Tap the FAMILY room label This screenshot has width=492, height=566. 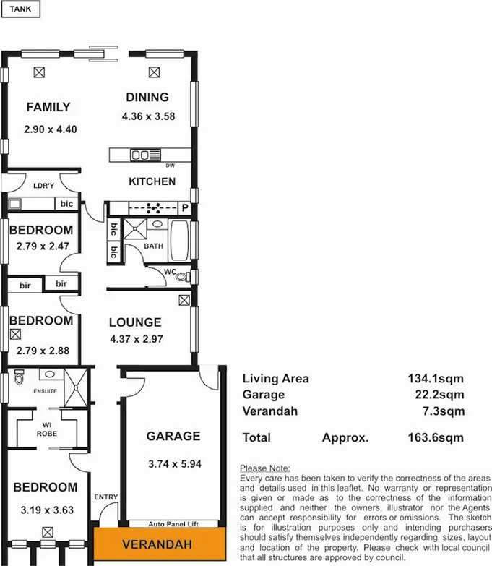click(x=48, y=108)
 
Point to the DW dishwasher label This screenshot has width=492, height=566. click(x=170, y=166)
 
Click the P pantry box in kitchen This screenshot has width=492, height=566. click(x=184, y=208)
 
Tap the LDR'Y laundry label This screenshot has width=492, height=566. click(x=44, y=186)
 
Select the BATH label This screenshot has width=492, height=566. click(x=154, y=246)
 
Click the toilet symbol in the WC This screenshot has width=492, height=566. click(x=181, y=276)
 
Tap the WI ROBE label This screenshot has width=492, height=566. click(x=46, y=429)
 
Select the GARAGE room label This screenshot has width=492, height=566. click(x=173, y=437)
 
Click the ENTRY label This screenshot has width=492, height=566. click(x=105, y=497)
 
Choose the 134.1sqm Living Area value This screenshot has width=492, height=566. click(x=436, y=378)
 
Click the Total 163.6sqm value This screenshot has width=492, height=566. click(x=436, y=437)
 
